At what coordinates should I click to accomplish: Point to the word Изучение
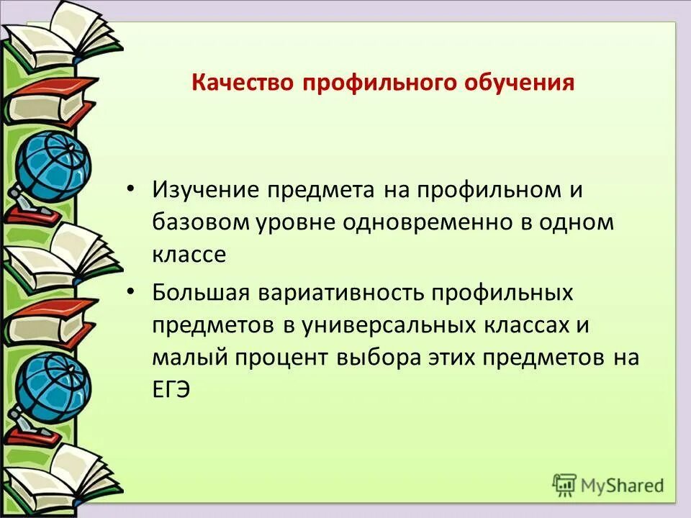[205, 191]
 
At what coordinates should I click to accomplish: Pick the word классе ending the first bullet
[189, 254]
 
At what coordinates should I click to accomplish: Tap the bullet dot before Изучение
[130, 190]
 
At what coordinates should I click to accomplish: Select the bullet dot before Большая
[130, 292]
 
